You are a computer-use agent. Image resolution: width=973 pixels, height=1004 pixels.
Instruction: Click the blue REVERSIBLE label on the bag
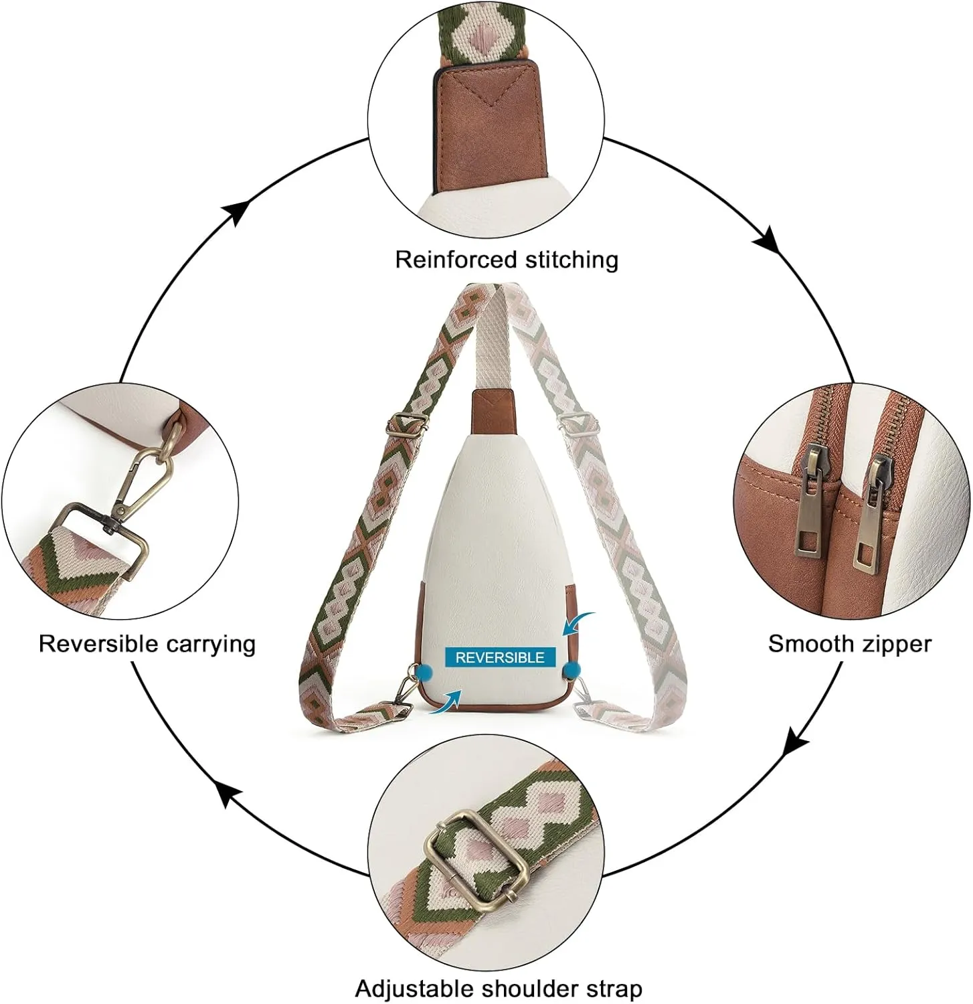coord(500,657)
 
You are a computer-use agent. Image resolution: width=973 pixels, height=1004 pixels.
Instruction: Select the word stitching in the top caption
coord(571,260)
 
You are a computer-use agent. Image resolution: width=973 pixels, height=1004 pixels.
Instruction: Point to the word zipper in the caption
coord(893,644)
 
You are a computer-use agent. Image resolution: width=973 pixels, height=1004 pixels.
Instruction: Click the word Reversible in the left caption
coord(98,644)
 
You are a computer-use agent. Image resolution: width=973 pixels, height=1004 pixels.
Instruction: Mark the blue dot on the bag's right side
coord(571,670)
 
